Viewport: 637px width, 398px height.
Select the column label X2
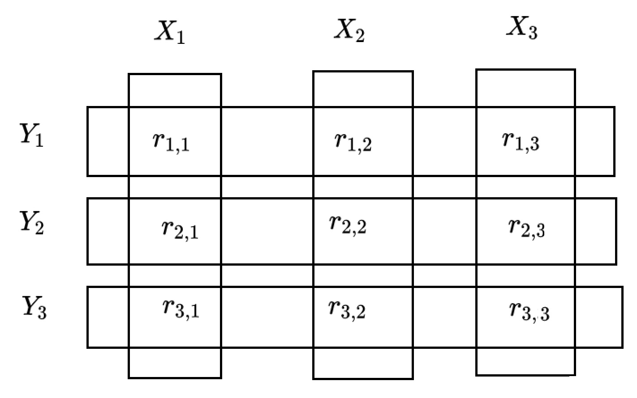click(349, 31)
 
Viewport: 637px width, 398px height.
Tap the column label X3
click(522, 29)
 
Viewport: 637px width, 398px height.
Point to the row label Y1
click(32, 135)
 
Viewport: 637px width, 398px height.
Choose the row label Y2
click(32, 222)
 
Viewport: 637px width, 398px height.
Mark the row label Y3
click(34, 308)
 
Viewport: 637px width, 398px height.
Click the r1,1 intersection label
click(171, 142)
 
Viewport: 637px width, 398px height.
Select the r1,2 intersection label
click(353, 141)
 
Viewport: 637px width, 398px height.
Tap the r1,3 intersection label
click(521, 141)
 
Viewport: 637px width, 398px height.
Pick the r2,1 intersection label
click(180, 229)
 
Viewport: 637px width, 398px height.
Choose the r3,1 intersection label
click(181, 309)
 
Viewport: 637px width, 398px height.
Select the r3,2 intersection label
click(347, 309)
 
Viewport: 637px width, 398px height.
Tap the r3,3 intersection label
click(529, 311)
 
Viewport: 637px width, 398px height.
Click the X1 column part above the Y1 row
click(175, 90)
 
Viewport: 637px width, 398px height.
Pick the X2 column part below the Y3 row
click(363, 363)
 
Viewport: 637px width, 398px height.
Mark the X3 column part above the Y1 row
click(525, 88)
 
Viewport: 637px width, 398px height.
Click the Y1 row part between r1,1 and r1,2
click(267, 141)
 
